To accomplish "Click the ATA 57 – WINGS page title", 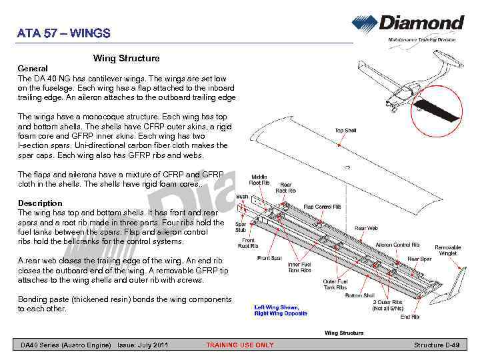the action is pos(64,33).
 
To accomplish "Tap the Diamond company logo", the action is pos(408,24).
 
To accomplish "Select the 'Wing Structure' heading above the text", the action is pos(126,59).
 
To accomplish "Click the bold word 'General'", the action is pos(33,69).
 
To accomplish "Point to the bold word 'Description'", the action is pos(40,203).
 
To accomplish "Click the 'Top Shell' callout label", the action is pos(345,131).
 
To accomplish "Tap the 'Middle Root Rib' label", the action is pos(259,180).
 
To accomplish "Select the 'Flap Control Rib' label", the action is pos(323,207).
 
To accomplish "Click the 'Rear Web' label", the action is pos(366,229).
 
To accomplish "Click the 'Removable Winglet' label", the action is pos(448,250).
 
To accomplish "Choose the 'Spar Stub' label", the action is pos(241,227).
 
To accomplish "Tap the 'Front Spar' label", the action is pos(269,259).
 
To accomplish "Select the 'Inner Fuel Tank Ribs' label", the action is pos(299,267).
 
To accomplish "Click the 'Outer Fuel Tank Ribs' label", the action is pos(335,285).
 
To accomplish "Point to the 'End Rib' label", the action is pos(410,317).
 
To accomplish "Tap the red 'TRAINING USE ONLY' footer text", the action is pos(239,345).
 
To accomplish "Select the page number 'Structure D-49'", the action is pos(437,345).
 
